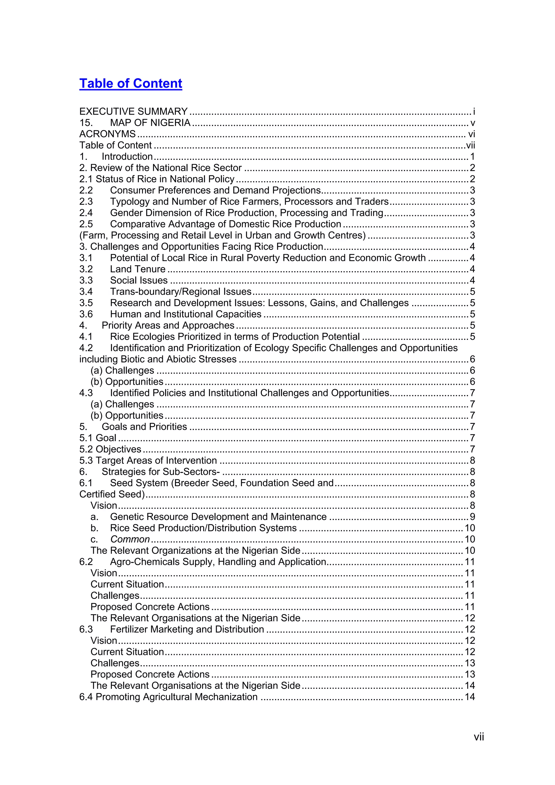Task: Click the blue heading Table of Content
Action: (x=131, y=83)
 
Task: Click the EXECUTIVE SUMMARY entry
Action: (x=133, y=111)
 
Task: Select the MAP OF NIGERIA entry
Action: (x=150, y=123)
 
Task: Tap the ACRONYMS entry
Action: (x=107, y=134)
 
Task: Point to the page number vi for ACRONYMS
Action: (x=471, y=134)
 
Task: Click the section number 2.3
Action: (x=86, y=202)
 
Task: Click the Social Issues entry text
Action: (x=138, y=280)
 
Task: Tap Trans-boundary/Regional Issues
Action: (x=180, y=292)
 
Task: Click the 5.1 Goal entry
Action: (x=98, y=438)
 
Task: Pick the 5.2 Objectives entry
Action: (x=110, y=449)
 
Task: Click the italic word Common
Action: (x=130, y=539)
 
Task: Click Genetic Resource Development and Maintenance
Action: (x=218, y=517)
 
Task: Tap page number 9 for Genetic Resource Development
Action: (x=472, y=517)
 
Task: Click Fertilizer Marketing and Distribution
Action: (x=187, y=629)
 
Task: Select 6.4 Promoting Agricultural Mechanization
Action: (x=168, y=697)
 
